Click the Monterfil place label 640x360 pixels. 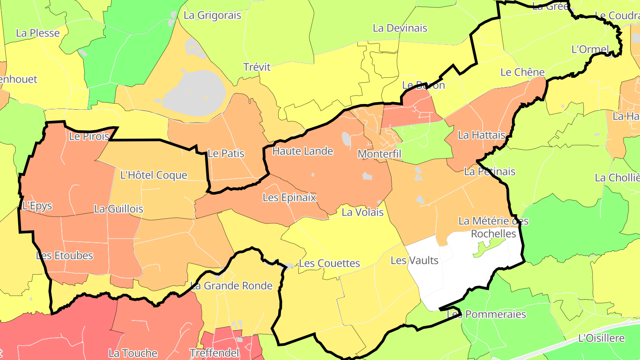point(380,154)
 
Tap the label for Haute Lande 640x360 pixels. point(303,151)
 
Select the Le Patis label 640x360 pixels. point(226,154)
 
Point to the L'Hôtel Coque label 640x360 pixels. point(154,175)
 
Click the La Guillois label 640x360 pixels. point(119,209)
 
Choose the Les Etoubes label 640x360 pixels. point(64,256)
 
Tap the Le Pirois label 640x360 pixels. point(89,136)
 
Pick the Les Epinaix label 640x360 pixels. point(289,197)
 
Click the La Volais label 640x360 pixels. point(363,212)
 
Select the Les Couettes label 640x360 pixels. point(329,264)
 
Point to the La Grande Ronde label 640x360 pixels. point(231,286)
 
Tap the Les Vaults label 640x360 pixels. point(415,260)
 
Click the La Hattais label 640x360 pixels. point(482,135)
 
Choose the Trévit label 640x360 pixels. point(257,67)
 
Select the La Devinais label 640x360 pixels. point(400,28)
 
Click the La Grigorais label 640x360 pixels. point(212,16)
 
